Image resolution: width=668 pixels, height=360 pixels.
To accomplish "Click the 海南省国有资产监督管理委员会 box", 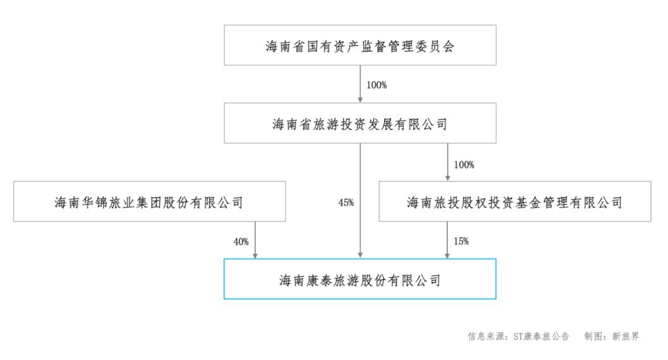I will point(359,46).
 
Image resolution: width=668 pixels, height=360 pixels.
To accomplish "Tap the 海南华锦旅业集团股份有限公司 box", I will point(148,202).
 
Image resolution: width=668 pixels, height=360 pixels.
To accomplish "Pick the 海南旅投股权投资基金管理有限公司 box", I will point(515,202).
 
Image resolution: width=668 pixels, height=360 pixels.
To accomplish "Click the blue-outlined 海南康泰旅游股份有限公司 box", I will point(359,280).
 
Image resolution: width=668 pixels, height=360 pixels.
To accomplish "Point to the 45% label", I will point(346,203).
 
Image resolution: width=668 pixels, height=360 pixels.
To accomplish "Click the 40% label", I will point(241,242).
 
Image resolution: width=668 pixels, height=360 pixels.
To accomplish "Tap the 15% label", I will point(461,242).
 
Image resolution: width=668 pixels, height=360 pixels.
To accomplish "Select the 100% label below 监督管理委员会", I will point(376,85).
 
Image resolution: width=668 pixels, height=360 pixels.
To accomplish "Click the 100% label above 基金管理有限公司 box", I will point(464,165).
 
